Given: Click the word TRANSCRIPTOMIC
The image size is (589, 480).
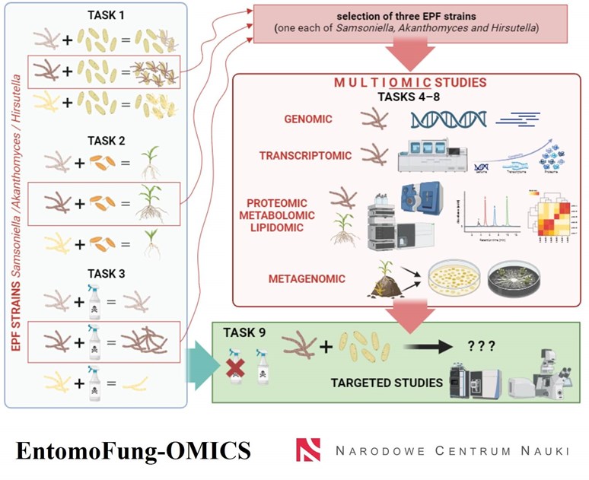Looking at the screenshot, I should pos(304,156).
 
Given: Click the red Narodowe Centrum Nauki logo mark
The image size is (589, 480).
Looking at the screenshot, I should pos(308,450).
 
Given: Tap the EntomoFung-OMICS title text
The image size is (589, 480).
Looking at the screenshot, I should pos(132,450).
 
